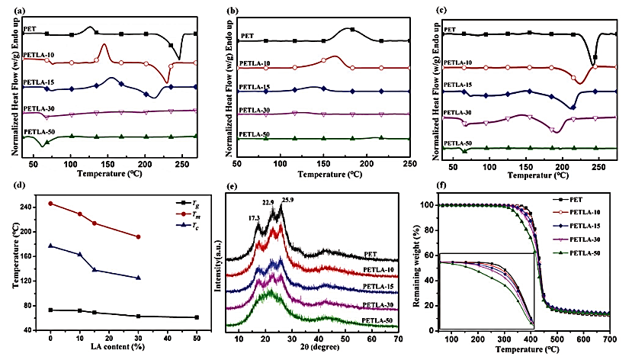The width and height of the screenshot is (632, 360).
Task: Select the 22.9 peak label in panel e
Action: pyautogui.click(x=268, y=202)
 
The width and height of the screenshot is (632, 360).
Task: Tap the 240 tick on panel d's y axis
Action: pyautogui.click(x=31, y=207)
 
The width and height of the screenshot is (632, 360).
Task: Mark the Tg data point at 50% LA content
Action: pyautogui.click(x=196, y=317)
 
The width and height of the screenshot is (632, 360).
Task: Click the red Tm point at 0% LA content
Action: pyautogui.click(x=50, y=204)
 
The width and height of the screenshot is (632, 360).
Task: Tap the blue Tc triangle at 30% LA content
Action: pyautogui.click(x=138, y=278)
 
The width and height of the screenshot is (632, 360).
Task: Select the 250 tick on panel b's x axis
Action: pyautogui.click(x=409, y=164)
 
